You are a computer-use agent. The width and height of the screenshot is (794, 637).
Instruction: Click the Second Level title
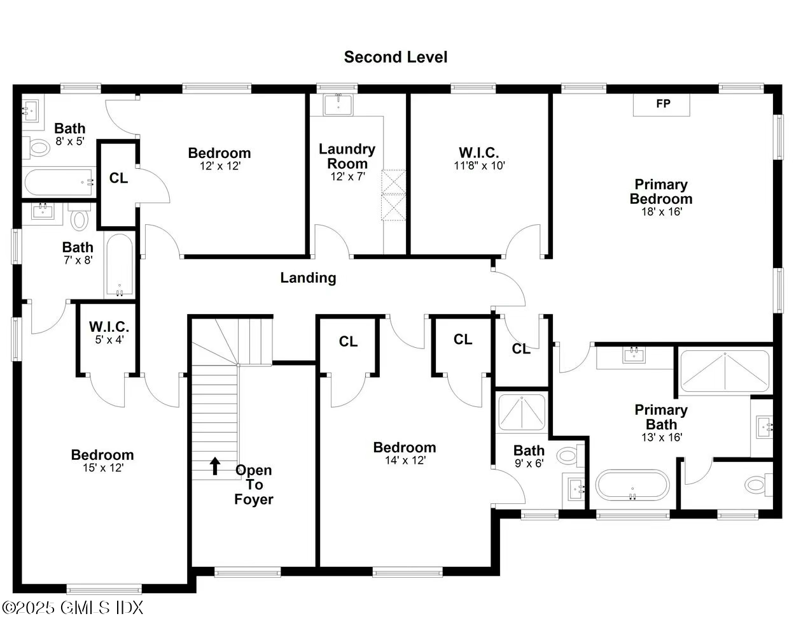pos(396,57)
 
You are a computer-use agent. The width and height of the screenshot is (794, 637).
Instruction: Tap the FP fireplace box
pos(662,104)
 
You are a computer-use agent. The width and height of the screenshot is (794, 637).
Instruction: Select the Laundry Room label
pos(347,156)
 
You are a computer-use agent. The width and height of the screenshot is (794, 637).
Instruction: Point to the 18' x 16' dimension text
pos(661,211)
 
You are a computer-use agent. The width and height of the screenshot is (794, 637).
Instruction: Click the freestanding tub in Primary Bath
pos(632,485)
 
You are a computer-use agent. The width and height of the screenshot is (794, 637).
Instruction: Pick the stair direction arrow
pos(215,466)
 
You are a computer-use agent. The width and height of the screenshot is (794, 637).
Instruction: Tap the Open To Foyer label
pos(254,485)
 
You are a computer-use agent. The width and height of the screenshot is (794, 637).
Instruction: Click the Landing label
pos(308,278)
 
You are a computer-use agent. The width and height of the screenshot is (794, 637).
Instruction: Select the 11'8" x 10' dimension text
pos(478,166)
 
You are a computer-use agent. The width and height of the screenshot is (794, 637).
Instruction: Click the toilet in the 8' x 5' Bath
pos(39,148)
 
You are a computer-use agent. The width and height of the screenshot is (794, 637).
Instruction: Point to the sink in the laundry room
pos(338,104)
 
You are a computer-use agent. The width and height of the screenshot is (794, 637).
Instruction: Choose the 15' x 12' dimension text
pos(102,468)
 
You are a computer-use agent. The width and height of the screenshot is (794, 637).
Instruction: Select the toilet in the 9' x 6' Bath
pos(568,455)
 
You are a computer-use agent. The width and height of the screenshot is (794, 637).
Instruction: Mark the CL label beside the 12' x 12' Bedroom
pos(118,178)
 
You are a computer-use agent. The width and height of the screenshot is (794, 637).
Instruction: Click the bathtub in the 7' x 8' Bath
pos(120,266)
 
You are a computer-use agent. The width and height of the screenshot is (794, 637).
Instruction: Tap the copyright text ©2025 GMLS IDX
pos(73,608)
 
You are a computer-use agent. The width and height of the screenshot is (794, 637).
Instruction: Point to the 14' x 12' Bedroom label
pos(405,447)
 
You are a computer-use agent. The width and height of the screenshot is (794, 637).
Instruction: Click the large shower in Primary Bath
pos(724,371)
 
